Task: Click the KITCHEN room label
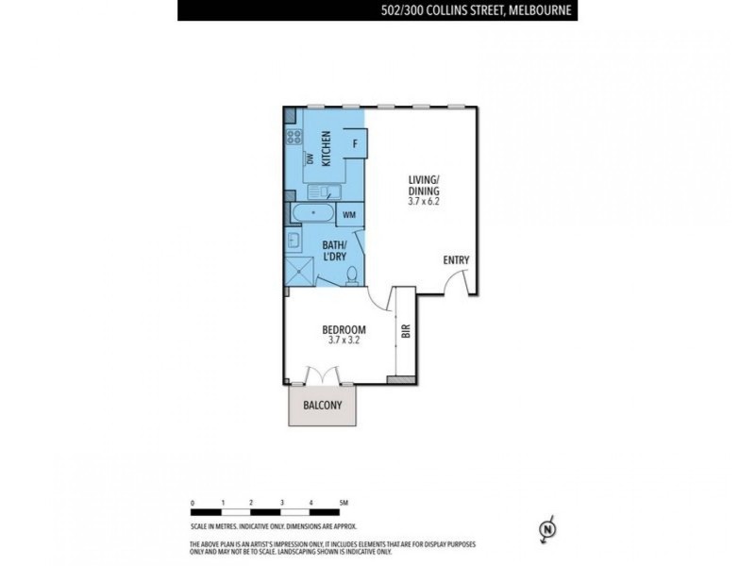point(327,147)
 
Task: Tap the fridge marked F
point(355,144)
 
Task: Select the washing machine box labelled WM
point(348,215)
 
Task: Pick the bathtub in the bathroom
point(312,212)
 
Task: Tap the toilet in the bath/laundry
point(352,275)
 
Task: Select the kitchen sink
point(317,191)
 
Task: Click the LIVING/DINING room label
point(425,186)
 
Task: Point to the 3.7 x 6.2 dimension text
point(425,201)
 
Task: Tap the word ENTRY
point(456,260)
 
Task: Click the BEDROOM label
point(344,329)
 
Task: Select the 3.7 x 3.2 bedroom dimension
point(344,341)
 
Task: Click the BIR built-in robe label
point(406,332)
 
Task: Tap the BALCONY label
point(322,407)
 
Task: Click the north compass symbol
point(545,531)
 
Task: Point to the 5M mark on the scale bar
point(344,503)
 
